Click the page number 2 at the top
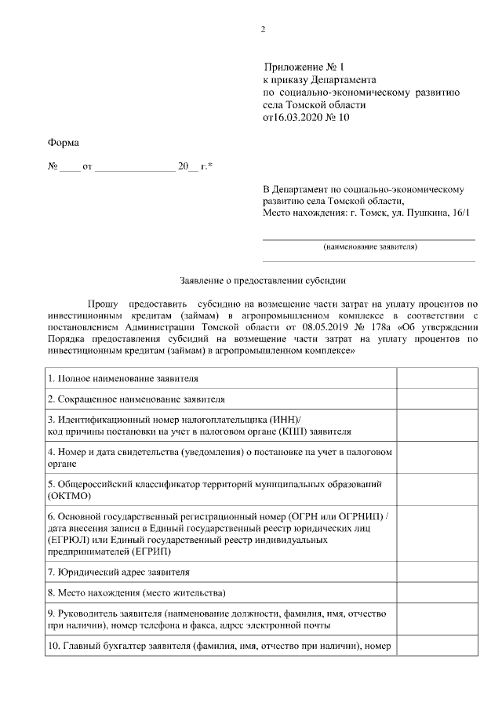tap(263, 30)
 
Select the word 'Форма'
tap(64, 143)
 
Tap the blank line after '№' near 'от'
tap(70, 169)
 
